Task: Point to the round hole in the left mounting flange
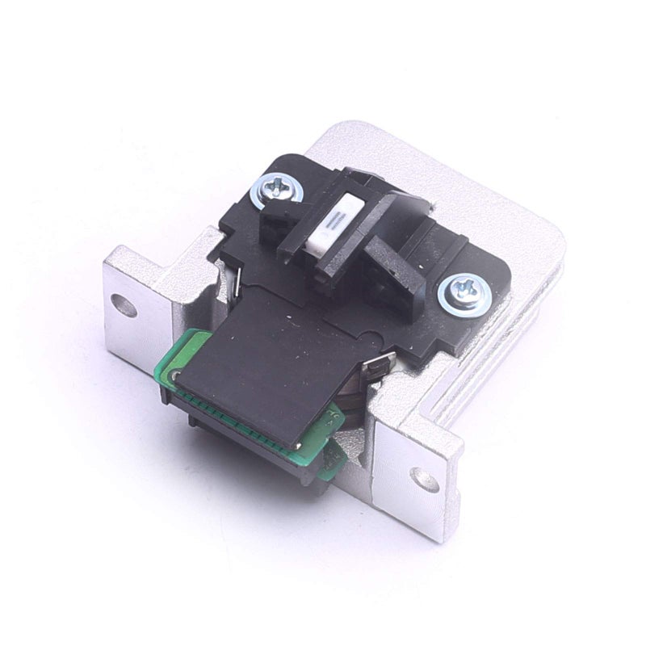(122, 304)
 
